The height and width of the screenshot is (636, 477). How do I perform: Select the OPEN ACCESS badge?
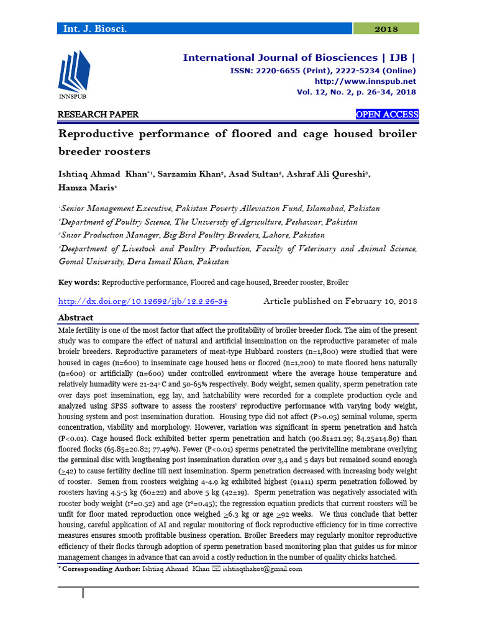(x=387, y=115)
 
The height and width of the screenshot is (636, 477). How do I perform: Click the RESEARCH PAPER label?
(x=98, y=115)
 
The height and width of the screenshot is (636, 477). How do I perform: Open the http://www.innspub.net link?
(x=366, y=81)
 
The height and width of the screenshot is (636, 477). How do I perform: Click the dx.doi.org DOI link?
(x=143, y=301)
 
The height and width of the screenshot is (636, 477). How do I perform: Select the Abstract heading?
(x=76, y=317)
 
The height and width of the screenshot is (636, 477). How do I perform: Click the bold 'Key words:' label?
(x=79, y=282)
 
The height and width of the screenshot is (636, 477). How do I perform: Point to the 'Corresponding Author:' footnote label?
(x=102, y=568)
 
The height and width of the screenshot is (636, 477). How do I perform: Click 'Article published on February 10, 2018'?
(x=340, y=301)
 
